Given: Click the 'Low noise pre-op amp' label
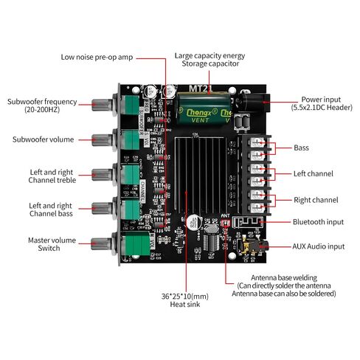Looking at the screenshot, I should (97, 56).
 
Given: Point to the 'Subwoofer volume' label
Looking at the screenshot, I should (43, 139).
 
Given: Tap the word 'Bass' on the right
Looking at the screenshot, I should (302, 148).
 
